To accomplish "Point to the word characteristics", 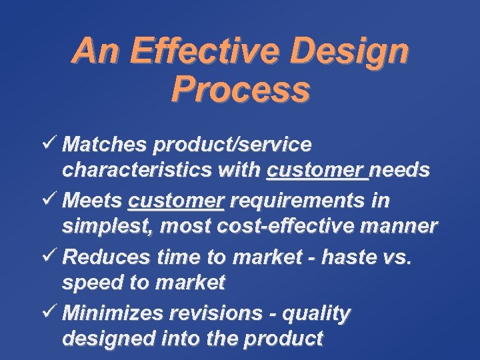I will pyautogui.click(x=137, y=171).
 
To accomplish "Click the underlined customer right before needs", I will pyautogui.click(x=317, y=171).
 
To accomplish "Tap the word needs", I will pyautogui.click(x=400, y=171).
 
